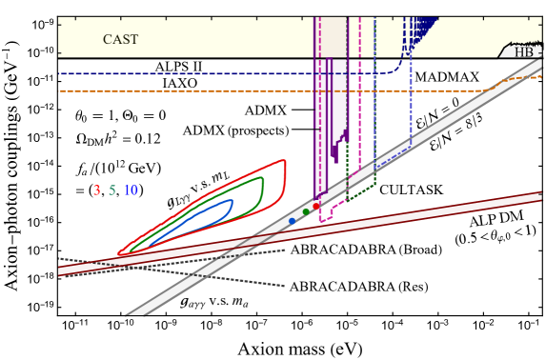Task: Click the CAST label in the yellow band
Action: [x=120, y=39]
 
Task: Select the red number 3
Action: [x=96, y=190]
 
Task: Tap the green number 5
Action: [x=111, y=190]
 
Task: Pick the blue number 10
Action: [x=131, y=190]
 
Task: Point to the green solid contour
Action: [x=262, y=190]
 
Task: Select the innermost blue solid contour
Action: [x=232, y=204]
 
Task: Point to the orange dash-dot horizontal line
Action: [x=191, y=91]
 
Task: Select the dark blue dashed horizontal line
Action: [x=191, y=73]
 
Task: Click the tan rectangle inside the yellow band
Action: [x=330, y=36]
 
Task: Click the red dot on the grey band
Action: [x=315, y=205]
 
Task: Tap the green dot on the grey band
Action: [x=305, y=212]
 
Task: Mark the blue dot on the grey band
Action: [x=293, y=221]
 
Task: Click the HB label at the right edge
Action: [x=525, y=51]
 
